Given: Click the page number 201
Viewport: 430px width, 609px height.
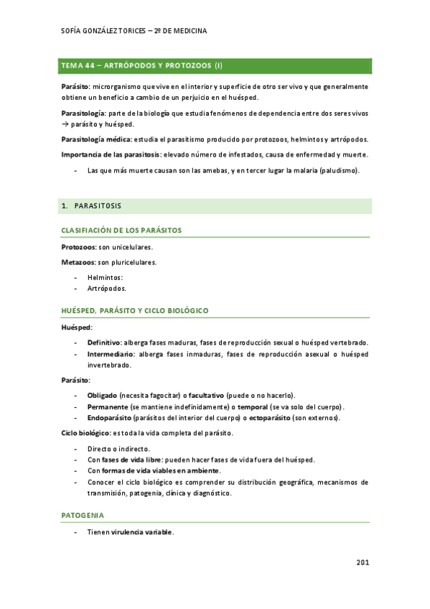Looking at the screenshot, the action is point(363,562).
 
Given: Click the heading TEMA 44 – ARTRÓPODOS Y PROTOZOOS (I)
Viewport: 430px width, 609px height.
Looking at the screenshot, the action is point(142,65).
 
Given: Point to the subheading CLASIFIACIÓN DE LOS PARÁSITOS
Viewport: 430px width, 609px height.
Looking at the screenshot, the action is point(121,231).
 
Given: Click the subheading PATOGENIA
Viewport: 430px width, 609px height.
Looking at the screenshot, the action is point(83,516).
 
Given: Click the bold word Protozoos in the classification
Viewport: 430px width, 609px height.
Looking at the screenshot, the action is point(78,247).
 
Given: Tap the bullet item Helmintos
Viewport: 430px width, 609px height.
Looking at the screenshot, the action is point(105,277).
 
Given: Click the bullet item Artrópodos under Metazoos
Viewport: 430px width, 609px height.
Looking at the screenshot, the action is point(106,288).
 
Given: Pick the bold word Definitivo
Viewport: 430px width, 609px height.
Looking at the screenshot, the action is point(104,343).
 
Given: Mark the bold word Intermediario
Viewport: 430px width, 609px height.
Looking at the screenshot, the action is point(111,354).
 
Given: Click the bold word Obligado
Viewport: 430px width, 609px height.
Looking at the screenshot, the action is point(102,396).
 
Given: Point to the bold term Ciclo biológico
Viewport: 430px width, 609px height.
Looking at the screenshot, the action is point(85,433).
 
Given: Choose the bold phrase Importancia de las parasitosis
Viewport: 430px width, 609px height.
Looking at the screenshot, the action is point(111,154).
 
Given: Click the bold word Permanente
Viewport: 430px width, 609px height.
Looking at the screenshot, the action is point(108,406).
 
